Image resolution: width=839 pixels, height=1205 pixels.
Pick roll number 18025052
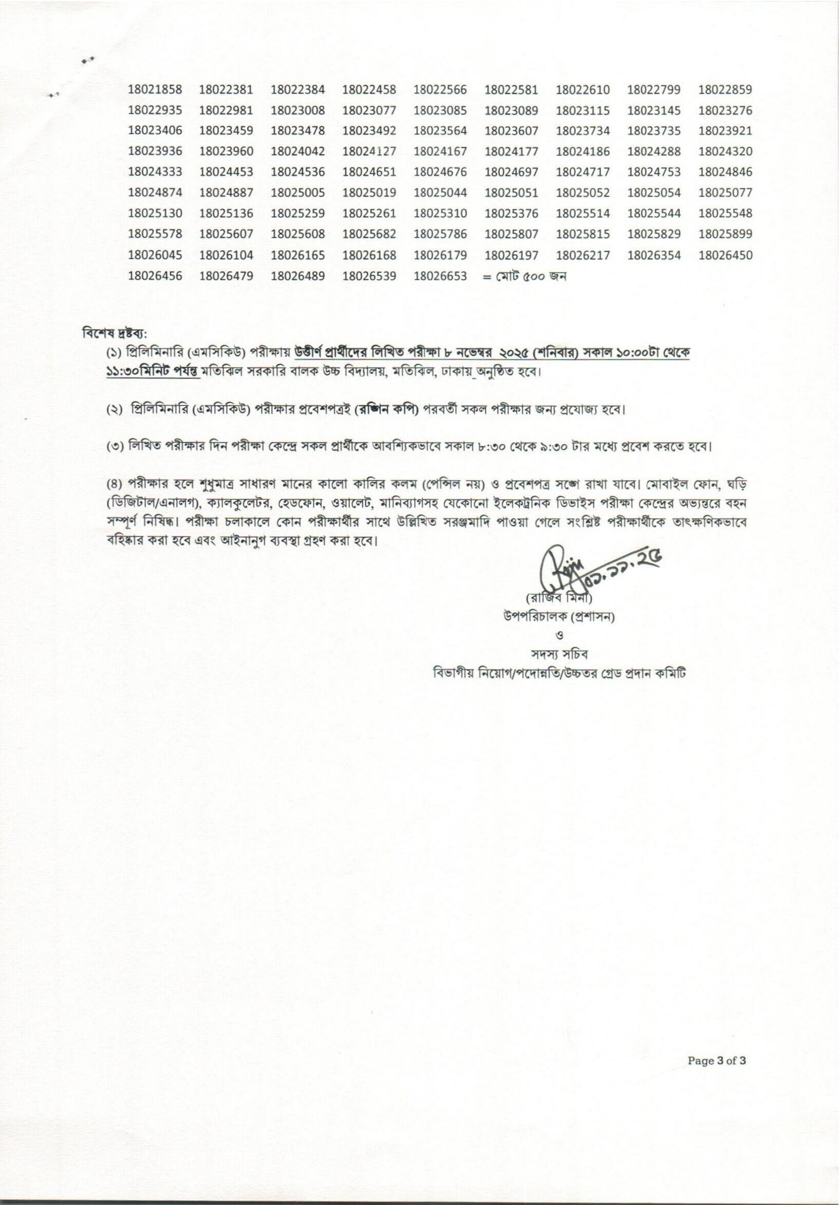tap(583, 193)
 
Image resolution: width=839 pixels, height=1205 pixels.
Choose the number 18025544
tap(654, 213)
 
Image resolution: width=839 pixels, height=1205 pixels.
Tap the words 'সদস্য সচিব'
tap(558, 654)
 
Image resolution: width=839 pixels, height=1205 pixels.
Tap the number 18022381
tap(226, 90)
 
